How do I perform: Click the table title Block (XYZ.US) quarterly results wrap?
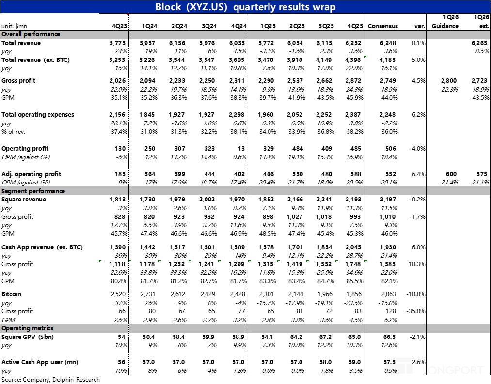[245, 7]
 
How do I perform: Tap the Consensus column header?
[383, 26]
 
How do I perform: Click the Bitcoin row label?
[12, 294]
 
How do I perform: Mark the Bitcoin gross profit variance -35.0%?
[417, 311]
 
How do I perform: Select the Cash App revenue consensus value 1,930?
[387, 247]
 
